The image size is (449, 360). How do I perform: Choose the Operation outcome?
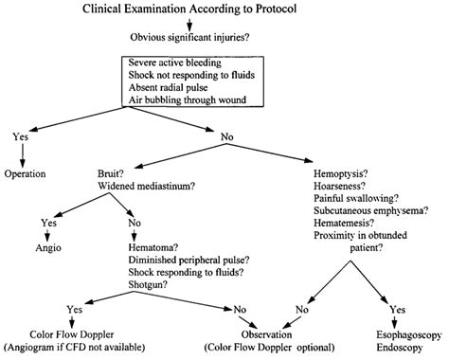[27, 175]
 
